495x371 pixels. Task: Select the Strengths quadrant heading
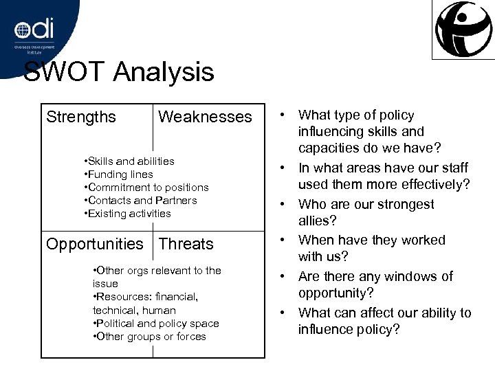81,117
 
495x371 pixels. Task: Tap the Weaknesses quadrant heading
205,117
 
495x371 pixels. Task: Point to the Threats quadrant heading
186,244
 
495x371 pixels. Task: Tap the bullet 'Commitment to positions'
148,187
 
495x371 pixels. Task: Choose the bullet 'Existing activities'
129,213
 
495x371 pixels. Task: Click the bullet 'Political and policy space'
157,323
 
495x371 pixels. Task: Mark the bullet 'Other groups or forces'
151,336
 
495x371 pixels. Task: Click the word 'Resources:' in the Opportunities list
123,297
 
